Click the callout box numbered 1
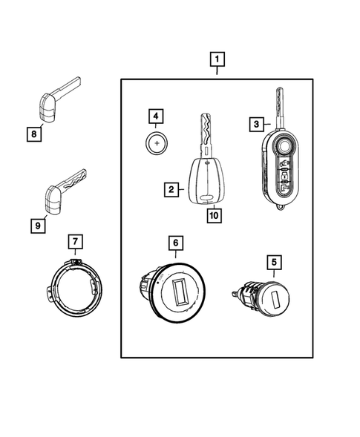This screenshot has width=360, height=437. click(217, 58)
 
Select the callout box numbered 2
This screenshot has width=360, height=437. click(171, 190)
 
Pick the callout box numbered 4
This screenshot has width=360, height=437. click(155, 116)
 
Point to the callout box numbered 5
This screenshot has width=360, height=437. click(273, 261)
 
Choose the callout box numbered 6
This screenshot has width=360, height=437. click(175, 242)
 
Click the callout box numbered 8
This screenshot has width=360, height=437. click(33, 134)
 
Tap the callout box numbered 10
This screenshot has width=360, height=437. click(213, 216)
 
